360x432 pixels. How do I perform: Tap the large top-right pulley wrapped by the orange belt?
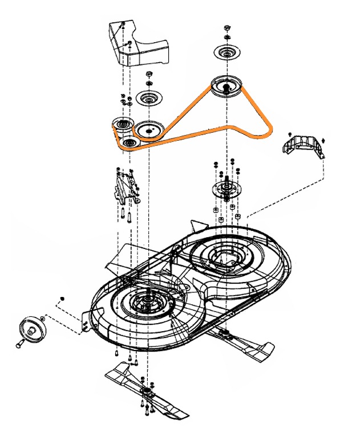pos(226,87)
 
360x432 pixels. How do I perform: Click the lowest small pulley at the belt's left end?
pos(128,142)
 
